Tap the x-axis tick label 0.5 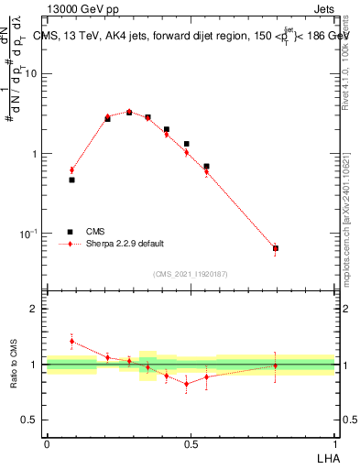(191, 444)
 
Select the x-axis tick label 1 (335, 444)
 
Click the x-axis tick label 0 (47, 444)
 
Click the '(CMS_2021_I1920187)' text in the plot (191, 274)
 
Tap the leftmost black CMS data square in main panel (71, 180)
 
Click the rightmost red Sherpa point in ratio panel (276, 365)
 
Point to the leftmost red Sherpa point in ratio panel (71, 341)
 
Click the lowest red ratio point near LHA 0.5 (187, 384)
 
